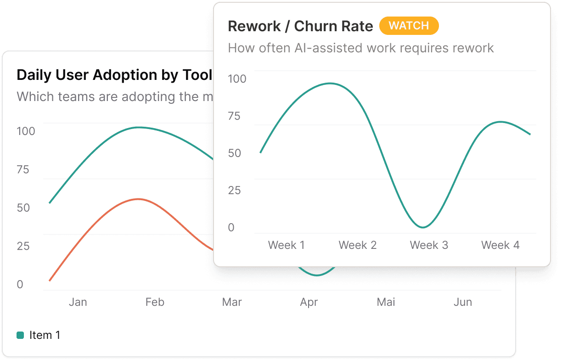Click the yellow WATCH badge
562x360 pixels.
click(x=409, y=26)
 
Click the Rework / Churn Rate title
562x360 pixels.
click(x=300, y=26)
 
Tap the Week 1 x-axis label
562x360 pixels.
click(x=286, y=245)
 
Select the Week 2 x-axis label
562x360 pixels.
click(x=357, y=245)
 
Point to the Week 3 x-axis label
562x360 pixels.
click(x=428, y=245)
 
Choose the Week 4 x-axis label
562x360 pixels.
click(x=500, y=245)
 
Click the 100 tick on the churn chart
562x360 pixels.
click(x=237, y=79)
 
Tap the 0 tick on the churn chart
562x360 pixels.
click(x=231, y=227)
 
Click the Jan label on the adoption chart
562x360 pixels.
click(x=78, y=302)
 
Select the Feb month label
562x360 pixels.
click(x=155, y=302)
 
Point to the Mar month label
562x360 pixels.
click(x=232, y=302)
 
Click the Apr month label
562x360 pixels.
click(x=309, y=302)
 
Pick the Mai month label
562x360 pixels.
click(x=386, y=302)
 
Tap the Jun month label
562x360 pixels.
click(x=463, y=302)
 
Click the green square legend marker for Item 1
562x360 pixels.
click(x=20, y=335)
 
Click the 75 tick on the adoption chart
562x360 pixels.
click(x=23, y=169)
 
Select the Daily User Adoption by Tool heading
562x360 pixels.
click(x=114, y=75)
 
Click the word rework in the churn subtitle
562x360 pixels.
click(x=471, y=48)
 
